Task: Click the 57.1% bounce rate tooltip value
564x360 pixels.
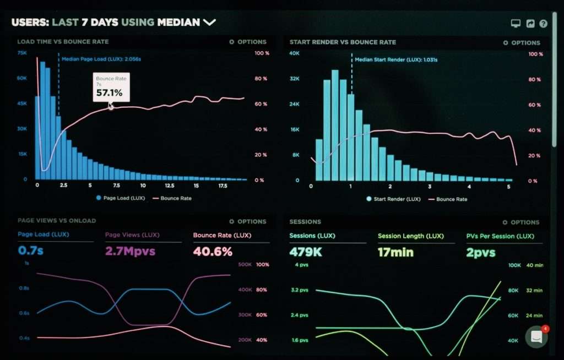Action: (109, 93)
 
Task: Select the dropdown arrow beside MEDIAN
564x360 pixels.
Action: (209, 23)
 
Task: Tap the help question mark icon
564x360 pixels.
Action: (543, 24)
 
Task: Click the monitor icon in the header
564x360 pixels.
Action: (516, 24)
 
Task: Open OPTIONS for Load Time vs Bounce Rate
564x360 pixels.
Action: (248, 42)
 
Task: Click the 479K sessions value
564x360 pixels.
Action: (306, 253)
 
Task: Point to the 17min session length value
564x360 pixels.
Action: (396, 253)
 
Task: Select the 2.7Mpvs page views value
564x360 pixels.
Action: (130, 252)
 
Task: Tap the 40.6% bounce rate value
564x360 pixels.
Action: (213, 252)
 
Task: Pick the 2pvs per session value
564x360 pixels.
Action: (481, 253)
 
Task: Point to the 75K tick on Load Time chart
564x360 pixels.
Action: (22, 53)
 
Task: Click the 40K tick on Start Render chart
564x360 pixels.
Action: (294, 53)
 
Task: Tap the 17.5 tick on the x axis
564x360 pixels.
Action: (223, 186)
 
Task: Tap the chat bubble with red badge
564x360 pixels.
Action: (536, 337)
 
